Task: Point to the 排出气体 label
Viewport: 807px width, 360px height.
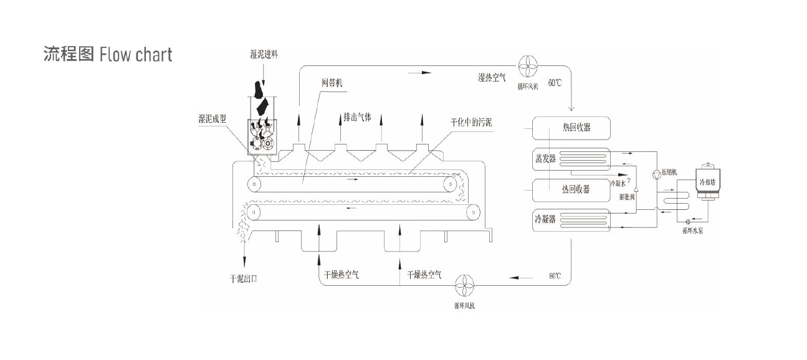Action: tap(357, 116)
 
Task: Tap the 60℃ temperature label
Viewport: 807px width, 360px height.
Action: tap(555, 82)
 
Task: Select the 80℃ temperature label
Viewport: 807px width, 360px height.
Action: tap(555, 275)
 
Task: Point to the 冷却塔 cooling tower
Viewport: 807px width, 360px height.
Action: tap(708, 182)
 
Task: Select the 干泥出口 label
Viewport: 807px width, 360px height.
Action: tap(243, 278)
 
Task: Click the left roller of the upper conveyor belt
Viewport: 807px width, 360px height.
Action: tap(254, 184)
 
